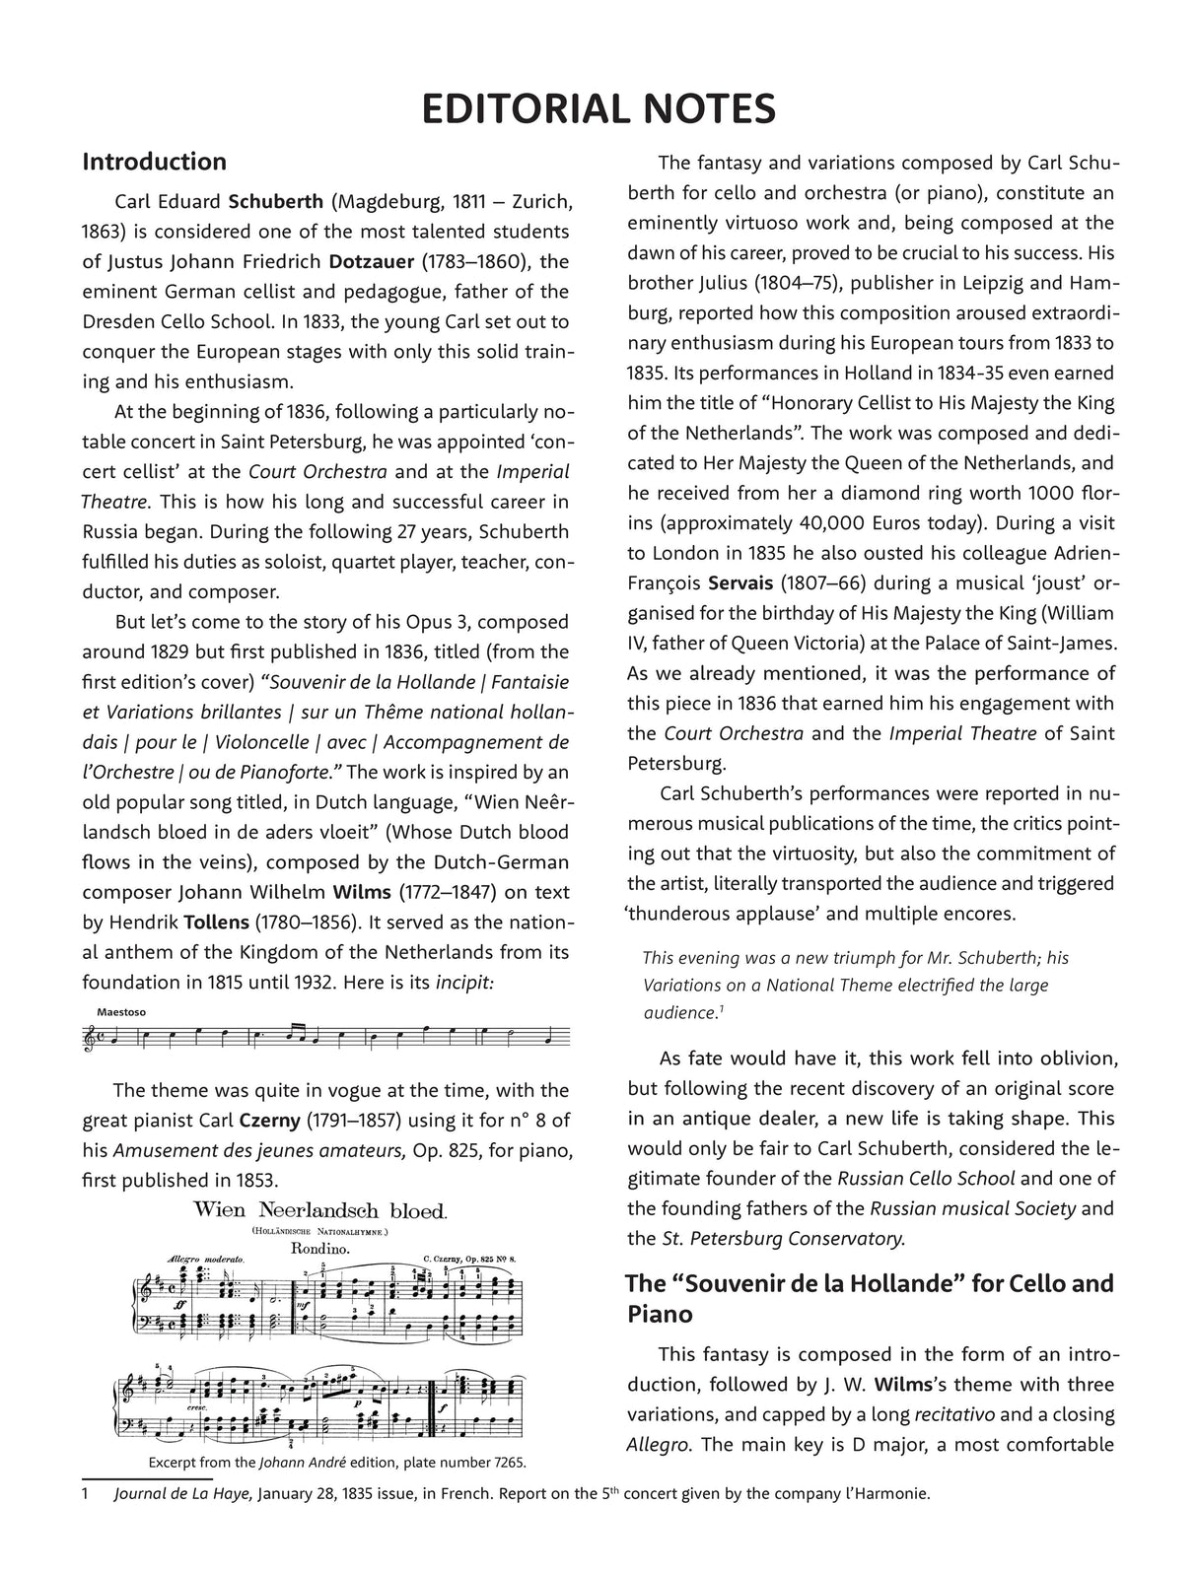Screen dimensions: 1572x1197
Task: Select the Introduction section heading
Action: click(x=154, y=162)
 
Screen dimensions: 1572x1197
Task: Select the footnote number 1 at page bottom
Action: click(x=86, y=1494)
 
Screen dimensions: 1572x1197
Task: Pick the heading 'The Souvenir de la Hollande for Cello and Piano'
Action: click(x=870, y=1298)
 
